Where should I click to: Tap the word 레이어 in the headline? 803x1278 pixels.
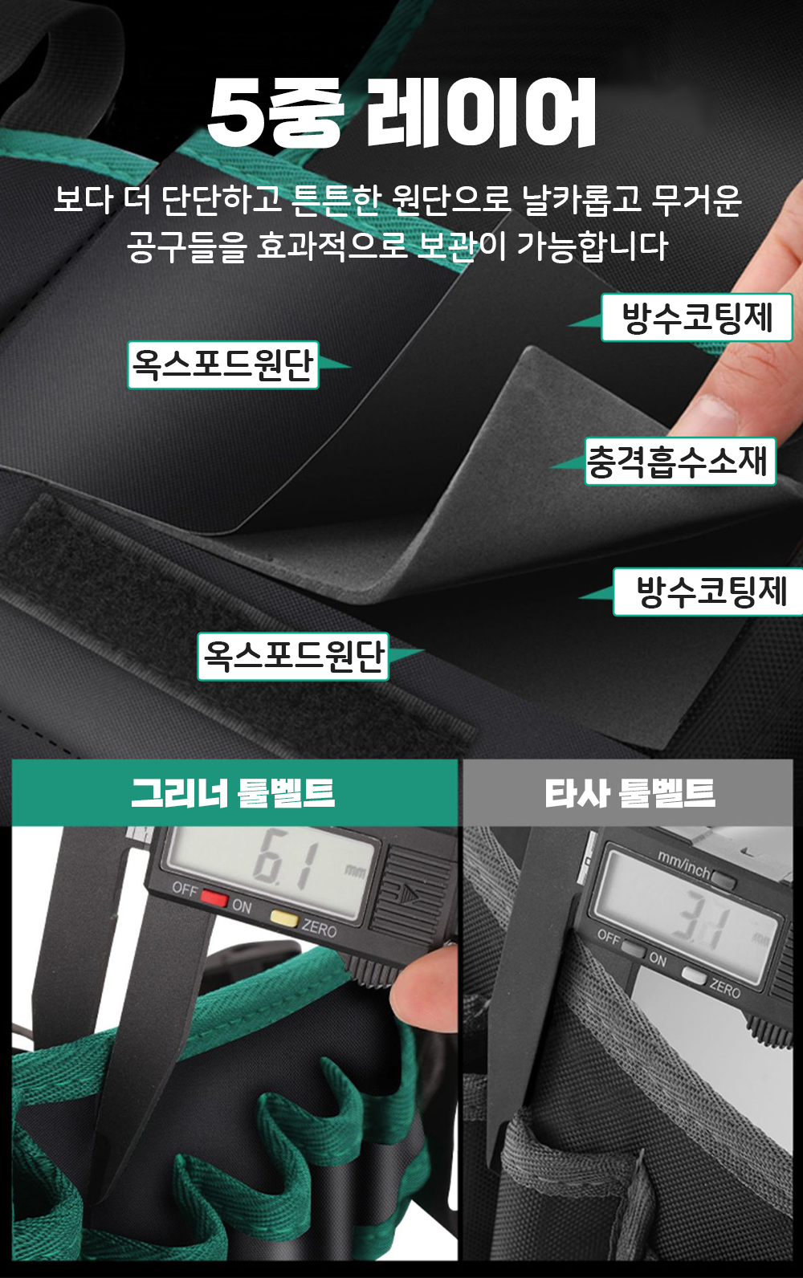coord(480,112)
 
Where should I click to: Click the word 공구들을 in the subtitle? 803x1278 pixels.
coord(186,246)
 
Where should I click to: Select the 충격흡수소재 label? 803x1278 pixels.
coord(679,461)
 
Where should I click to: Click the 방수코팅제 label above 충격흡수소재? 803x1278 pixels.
coord(697,317)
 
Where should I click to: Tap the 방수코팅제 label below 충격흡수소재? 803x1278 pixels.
coord(709,592)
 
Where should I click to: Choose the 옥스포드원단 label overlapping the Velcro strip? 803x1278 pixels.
coord(293,656)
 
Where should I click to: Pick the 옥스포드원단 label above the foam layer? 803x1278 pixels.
coord(222,365)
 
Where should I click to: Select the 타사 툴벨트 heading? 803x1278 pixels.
coord(630,793)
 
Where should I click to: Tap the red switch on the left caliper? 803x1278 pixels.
coord(214,897)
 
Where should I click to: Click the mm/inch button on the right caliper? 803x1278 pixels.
coord(724,880)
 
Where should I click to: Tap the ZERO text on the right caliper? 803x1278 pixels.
coord(725,987)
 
